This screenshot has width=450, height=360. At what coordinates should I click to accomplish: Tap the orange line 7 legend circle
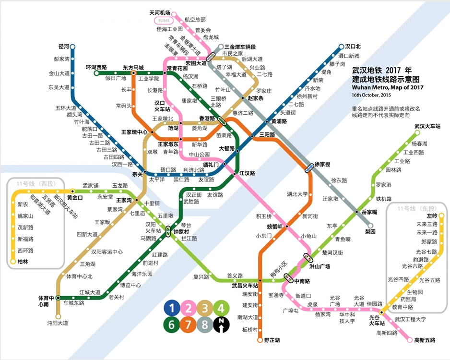(x=188, y=325)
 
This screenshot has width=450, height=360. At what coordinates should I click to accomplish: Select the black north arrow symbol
(x=221, y=325)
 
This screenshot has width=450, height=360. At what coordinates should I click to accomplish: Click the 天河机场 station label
(x=160, y=12)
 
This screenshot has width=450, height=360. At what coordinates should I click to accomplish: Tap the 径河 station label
(x=64, y=47)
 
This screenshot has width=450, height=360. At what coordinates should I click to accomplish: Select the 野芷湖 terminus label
(x=272, y=340)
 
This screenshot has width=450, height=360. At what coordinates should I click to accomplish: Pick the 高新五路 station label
(x=425, y=340)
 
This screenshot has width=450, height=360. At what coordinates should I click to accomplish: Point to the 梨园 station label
(x=370, y=231)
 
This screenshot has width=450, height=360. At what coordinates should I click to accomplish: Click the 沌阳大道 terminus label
(x=58, y=323)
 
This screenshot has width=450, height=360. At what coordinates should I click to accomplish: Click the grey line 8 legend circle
(x=205, y=325)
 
